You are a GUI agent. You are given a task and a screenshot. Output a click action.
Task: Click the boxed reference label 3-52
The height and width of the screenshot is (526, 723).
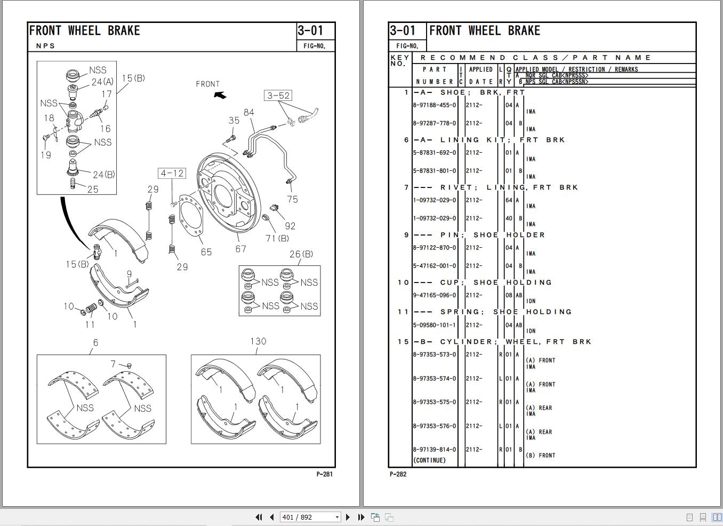tap(278, 96)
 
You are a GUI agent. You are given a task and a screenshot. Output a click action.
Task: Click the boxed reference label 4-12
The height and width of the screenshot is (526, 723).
tap(172, 173)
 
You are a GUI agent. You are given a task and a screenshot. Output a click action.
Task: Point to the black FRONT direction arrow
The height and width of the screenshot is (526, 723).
tap(220, 95)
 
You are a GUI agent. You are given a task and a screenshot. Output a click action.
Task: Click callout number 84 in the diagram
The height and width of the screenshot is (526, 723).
tap(249, 112)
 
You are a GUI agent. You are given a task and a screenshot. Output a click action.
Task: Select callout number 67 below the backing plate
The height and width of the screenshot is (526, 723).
tap(241, 249)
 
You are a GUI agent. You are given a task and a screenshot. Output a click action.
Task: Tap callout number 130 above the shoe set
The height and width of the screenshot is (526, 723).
tap(258, 341)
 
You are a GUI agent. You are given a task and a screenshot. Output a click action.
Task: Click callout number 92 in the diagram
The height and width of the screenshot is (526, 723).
tap(290, 226)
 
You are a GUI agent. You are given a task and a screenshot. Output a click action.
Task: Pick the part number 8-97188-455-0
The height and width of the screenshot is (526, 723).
tap(435, 105)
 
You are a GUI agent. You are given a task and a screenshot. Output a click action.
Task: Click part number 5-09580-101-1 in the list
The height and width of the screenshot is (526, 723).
tap(435, 325)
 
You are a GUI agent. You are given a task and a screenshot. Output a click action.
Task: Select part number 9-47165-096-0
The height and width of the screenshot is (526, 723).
tap(435, 295)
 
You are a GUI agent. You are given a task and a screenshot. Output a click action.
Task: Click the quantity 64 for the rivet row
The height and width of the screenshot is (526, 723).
tap(509, 200)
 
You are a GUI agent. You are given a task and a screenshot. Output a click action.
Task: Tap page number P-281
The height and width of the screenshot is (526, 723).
tap(324, 474)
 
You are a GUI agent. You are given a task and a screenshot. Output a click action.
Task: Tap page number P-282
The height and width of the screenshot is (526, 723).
tap(398, 474)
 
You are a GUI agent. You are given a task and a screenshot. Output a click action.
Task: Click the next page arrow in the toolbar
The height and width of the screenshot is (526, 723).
tap(348, 517)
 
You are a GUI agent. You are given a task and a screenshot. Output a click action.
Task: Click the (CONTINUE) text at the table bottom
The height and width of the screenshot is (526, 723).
tap(429, 460)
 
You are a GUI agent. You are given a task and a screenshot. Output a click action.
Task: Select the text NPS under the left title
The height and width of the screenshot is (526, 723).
tap(45, 46)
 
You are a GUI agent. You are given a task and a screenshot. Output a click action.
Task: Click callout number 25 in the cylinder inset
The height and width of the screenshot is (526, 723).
tap(93, 189)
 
